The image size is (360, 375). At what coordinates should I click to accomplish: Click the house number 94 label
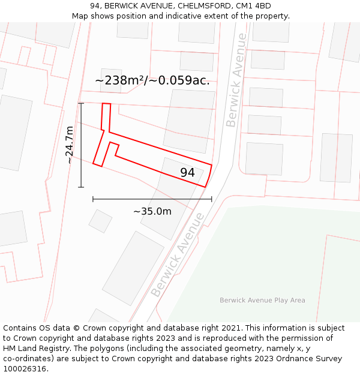click(x=187, y=173)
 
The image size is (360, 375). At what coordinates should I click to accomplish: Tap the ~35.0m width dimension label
click(x=152, y=211)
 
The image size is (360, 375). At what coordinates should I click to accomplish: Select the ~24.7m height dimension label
click(x=70, y=145)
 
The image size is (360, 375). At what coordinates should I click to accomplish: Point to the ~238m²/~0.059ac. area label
click(x=152, y=80)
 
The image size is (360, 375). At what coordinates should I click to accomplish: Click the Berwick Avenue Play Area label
click(x=262, y=301)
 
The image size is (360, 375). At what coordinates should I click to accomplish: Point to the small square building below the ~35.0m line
click(x=100, y=221)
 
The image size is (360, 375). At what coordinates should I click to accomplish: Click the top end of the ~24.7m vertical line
click(x=81, y=103)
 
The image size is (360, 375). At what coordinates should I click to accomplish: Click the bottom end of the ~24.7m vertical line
click(x=81, y=187)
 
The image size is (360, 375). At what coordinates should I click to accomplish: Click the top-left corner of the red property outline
click(x=103, y=104)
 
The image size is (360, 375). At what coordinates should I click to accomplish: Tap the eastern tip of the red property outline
click(x=212, y=164)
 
